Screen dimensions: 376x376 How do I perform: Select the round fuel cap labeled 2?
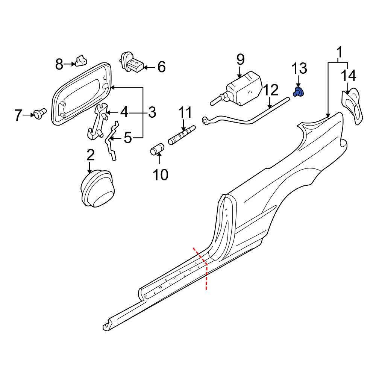point(97,189)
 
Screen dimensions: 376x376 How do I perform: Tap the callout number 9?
point(240,59)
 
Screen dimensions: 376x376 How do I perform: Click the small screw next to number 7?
point(39,112)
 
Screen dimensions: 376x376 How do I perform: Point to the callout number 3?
point(151,112)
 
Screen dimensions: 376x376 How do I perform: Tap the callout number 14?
point(349,76)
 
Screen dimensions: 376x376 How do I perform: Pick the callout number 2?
point(90,155)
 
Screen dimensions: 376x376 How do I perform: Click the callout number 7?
point(18,115)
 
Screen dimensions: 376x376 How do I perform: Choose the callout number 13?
point(300,68)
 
